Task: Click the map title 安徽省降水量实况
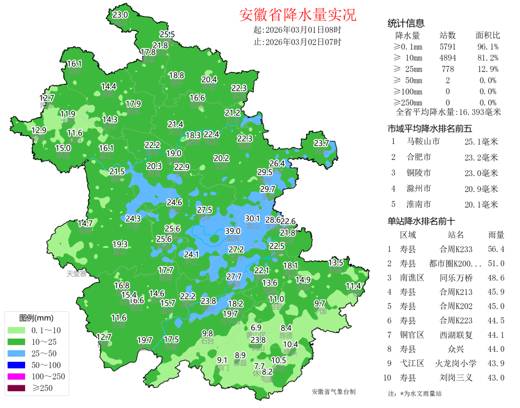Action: (x=298, y=15)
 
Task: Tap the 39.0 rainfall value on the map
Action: (x=233, y=231)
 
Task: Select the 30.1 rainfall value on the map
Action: (x=252, y=218)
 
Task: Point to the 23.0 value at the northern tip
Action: (x=120, y=15)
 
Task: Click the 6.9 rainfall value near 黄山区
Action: (x=256, y=328)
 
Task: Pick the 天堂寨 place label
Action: (x=77, y=274)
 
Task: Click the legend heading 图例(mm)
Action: (x=36, y=318)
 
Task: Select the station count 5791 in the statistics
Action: (x=447, y=47)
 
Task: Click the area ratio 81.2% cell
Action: (x=488, y=58)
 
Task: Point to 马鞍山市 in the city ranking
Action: (x=423, y=141)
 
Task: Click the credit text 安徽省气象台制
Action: (x=334, y=392)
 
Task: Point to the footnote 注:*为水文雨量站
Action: (x=415, y=394)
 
